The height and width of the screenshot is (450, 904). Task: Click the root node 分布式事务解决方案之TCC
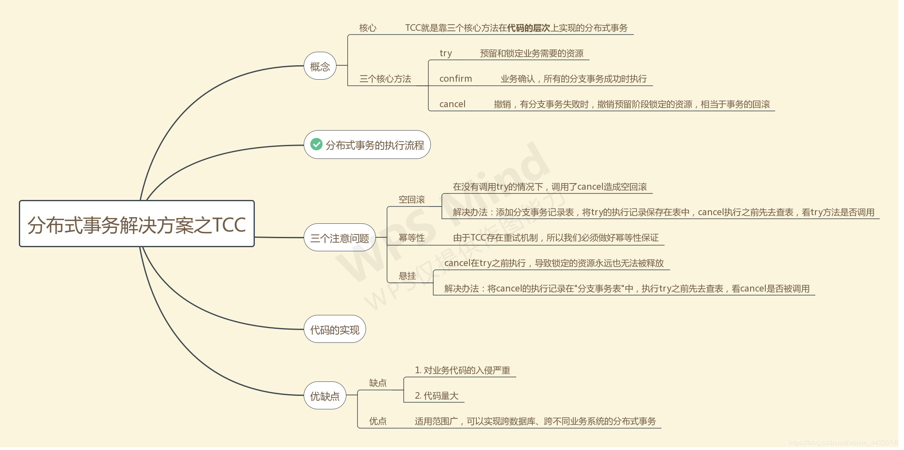(137, 224)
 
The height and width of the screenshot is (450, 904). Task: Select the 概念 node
(320, 66)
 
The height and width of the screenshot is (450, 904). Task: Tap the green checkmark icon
(316, 144)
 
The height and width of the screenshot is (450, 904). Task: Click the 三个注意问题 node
(340, 238)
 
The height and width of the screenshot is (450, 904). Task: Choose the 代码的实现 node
(335, 329)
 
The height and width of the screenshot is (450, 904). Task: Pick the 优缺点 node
(325, 396)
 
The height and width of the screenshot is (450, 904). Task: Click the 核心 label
(368, 28)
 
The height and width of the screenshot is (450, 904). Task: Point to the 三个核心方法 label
(385, 79)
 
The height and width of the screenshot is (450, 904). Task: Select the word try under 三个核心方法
(446, 53)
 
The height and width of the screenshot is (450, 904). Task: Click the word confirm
(455, 79)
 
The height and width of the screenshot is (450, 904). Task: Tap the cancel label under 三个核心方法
(452, 104)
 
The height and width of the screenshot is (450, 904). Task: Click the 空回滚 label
(412, 200)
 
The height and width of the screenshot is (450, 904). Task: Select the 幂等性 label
(412, 238)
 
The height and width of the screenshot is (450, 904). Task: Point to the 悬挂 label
(407, 276)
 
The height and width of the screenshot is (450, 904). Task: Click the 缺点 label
(378, 383)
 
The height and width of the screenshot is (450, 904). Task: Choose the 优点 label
(378, 421)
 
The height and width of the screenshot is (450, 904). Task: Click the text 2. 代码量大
(437, 396)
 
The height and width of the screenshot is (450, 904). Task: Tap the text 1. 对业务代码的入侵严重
(462, 370)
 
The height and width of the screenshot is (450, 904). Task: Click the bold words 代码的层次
(529, 28)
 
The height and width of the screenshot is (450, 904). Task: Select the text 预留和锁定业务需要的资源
(532, 53)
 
